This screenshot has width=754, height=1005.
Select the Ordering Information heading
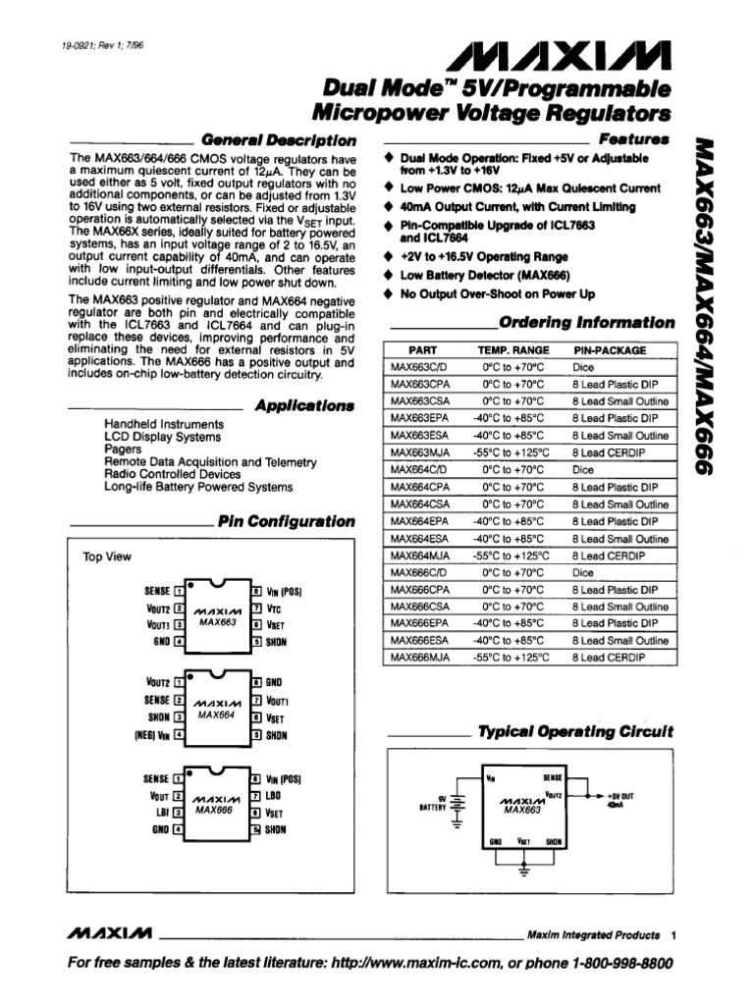coord(586,323)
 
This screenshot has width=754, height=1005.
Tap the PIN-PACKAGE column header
coord(609,349)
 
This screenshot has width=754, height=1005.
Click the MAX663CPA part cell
coord(420,384)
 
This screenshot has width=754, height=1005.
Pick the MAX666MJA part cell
coord(420,658)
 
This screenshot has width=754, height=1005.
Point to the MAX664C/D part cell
coord(418,470)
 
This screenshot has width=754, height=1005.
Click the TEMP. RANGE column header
coord(513,349)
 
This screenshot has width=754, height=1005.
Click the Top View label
coord(107,556)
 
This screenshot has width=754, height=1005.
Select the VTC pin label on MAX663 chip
coord(274,608)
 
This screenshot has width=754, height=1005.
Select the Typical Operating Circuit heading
coord(575,732)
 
